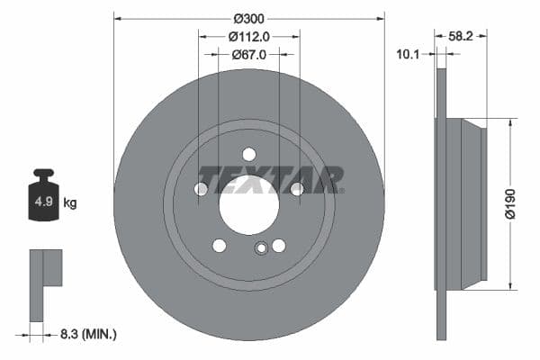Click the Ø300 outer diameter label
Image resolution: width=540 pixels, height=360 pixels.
coord(249,18)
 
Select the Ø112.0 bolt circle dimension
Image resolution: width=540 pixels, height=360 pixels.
coord(249,37)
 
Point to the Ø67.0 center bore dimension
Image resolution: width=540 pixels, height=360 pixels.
coord(249,55)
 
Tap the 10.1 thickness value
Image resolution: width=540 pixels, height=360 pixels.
coord(409,55)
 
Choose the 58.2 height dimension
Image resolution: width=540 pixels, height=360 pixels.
coord(462,37)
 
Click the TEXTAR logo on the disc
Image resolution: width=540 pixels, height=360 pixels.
coord(270,179)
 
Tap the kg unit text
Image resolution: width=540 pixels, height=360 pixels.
coord(70,203)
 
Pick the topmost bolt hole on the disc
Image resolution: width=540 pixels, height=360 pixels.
coord(249,154)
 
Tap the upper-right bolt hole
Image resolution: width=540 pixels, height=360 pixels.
coord(296,188)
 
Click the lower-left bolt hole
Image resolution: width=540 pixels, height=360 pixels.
coord(220,245)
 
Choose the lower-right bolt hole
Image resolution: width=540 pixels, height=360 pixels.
coord(279,245)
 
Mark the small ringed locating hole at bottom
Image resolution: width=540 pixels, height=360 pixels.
coord(261,250)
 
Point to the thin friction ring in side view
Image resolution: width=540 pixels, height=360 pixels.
coord(441,204)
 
